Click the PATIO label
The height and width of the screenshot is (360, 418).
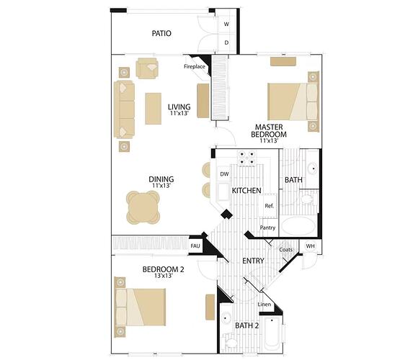click(161, 33)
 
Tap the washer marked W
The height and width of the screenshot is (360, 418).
click(226, 24)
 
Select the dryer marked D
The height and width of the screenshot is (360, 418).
click(226, 42)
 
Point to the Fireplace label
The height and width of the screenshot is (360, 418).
click(195, 66)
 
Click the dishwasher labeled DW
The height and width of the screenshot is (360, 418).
click(224, 174)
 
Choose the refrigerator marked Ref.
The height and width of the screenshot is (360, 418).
click(269, 206)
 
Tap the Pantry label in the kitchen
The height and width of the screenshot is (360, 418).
click(267, 228)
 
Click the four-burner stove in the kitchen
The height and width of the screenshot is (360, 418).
click(246, 158)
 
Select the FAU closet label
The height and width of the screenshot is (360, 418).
click(195, 246)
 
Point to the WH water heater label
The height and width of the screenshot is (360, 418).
click(310, 246)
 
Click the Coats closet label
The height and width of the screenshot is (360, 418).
click(286, 250)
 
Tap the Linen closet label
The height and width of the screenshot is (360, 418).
click(264, 305)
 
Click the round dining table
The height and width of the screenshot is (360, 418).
click(143, 207)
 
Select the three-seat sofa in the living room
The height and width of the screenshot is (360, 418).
click(124, 109)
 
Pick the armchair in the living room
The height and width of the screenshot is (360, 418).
click(147, 68)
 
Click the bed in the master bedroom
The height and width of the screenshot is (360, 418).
click(293, 102)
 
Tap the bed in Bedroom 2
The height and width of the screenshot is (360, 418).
click(141, 307)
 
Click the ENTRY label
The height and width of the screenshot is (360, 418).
click(253, 261)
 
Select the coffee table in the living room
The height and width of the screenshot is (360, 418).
click(153, 109)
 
